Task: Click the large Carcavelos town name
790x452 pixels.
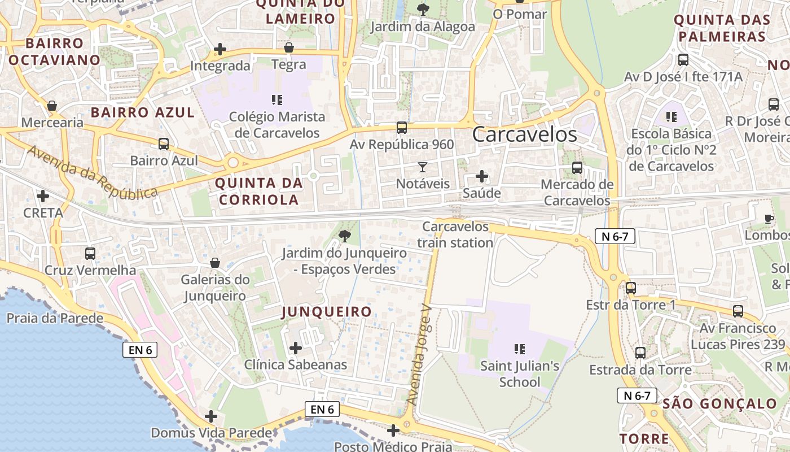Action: click(524, 134)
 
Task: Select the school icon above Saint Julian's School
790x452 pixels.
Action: click(520, 349)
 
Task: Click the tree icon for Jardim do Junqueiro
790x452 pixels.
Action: click(344, 235)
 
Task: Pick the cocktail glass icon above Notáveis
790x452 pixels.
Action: click(423, 167)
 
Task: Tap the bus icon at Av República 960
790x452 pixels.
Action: click(402, 128)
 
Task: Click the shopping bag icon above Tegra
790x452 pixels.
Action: click(289, 47)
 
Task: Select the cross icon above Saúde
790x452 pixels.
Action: click(482, 176)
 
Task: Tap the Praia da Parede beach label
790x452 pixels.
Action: click(55, 318)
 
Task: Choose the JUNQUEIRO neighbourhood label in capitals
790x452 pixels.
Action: click(327, 312)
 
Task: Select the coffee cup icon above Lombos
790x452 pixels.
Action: click(768, 219)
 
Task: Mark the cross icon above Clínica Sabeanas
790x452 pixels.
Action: click(295, 348)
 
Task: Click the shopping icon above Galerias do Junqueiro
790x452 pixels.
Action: click(215, 263)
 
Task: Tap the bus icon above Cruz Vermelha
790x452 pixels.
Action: click(90, 254)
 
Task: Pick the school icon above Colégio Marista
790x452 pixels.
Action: click(277, 101)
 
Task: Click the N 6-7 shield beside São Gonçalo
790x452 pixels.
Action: click(637, 395)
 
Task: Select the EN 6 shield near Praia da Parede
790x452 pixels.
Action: click(140, 350)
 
